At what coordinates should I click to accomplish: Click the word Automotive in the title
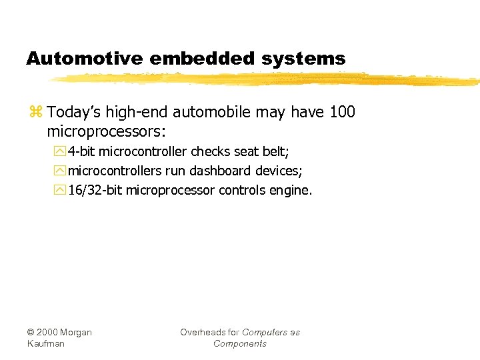point(84,59)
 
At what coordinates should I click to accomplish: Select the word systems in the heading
point(304,59)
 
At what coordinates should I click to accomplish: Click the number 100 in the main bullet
point(342,112)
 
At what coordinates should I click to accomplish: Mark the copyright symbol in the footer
point(31,333)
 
